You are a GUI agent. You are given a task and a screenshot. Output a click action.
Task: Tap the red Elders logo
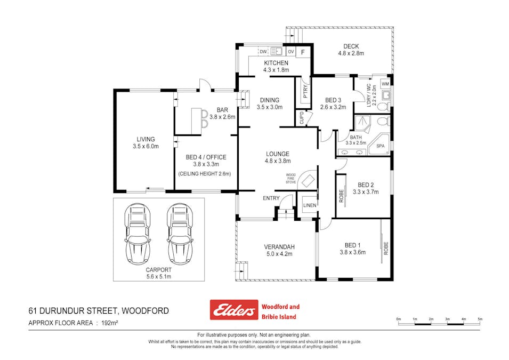point(232,310)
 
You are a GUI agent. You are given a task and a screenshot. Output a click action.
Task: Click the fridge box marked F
point(303,52)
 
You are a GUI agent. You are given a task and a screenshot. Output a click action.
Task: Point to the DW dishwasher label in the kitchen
point(263,52)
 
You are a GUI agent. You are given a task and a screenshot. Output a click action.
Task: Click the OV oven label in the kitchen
point(290,52)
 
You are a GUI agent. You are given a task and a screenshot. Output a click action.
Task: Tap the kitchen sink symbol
point(276,51)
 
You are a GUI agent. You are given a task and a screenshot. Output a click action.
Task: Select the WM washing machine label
point(385,84)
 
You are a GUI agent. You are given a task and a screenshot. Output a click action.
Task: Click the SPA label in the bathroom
point(381,146)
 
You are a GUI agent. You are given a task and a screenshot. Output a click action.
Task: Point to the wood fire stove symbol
point(307,180)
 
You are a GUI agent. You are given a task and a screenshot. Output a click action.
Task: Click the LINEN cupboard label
point(309,206)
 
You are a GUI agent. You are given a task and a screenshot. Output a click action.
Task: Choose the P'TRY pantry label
point(305,92)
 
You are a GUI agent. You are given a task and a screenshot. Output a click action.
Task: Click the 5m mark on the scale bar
point(480,319)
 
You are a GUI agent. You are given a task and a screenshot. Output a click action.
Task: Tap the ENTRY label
point(271,198)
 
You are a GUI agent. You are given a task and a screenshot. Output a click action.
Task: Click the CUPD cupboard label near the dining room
point(301,117)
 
